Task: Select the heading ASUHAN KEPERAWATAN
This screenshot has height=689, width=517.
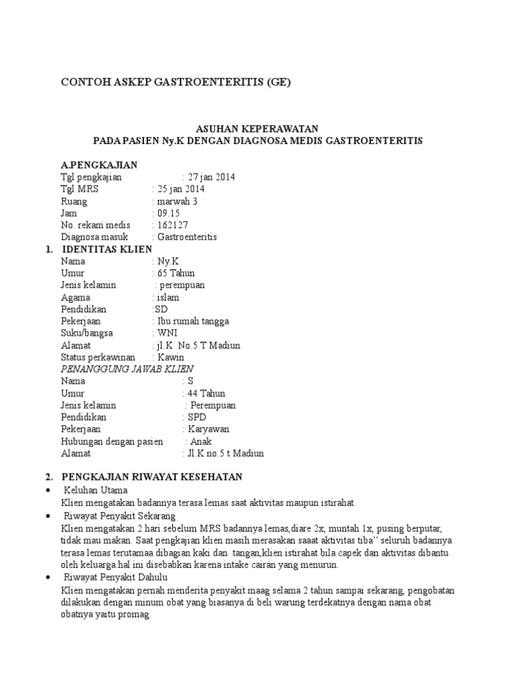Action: tap(257, 128)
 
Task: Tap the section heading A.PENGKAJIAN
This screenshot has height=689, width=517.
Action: tap(99, 165)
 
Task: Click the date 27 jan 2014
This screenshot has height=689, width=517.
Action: tap(212, 177)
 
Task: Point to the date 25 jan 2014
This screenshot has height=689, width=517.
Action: tap(181, 189)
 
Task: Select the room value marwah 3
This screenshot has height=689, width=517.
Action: tap(178, 201)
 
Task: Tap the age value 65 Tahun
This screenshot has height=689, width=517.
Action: tap(176, 273)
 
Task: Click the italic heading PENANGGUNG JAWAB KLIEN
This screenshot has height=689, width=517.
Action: tap(127, 369)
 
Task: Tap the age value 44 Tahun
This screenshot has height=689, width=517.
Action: tap(207, 394)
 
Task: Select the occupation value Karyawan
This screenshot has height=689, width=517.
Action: tap(209, 429)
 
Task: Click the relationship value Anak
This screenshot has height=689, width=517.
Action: tap(201, 441)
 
